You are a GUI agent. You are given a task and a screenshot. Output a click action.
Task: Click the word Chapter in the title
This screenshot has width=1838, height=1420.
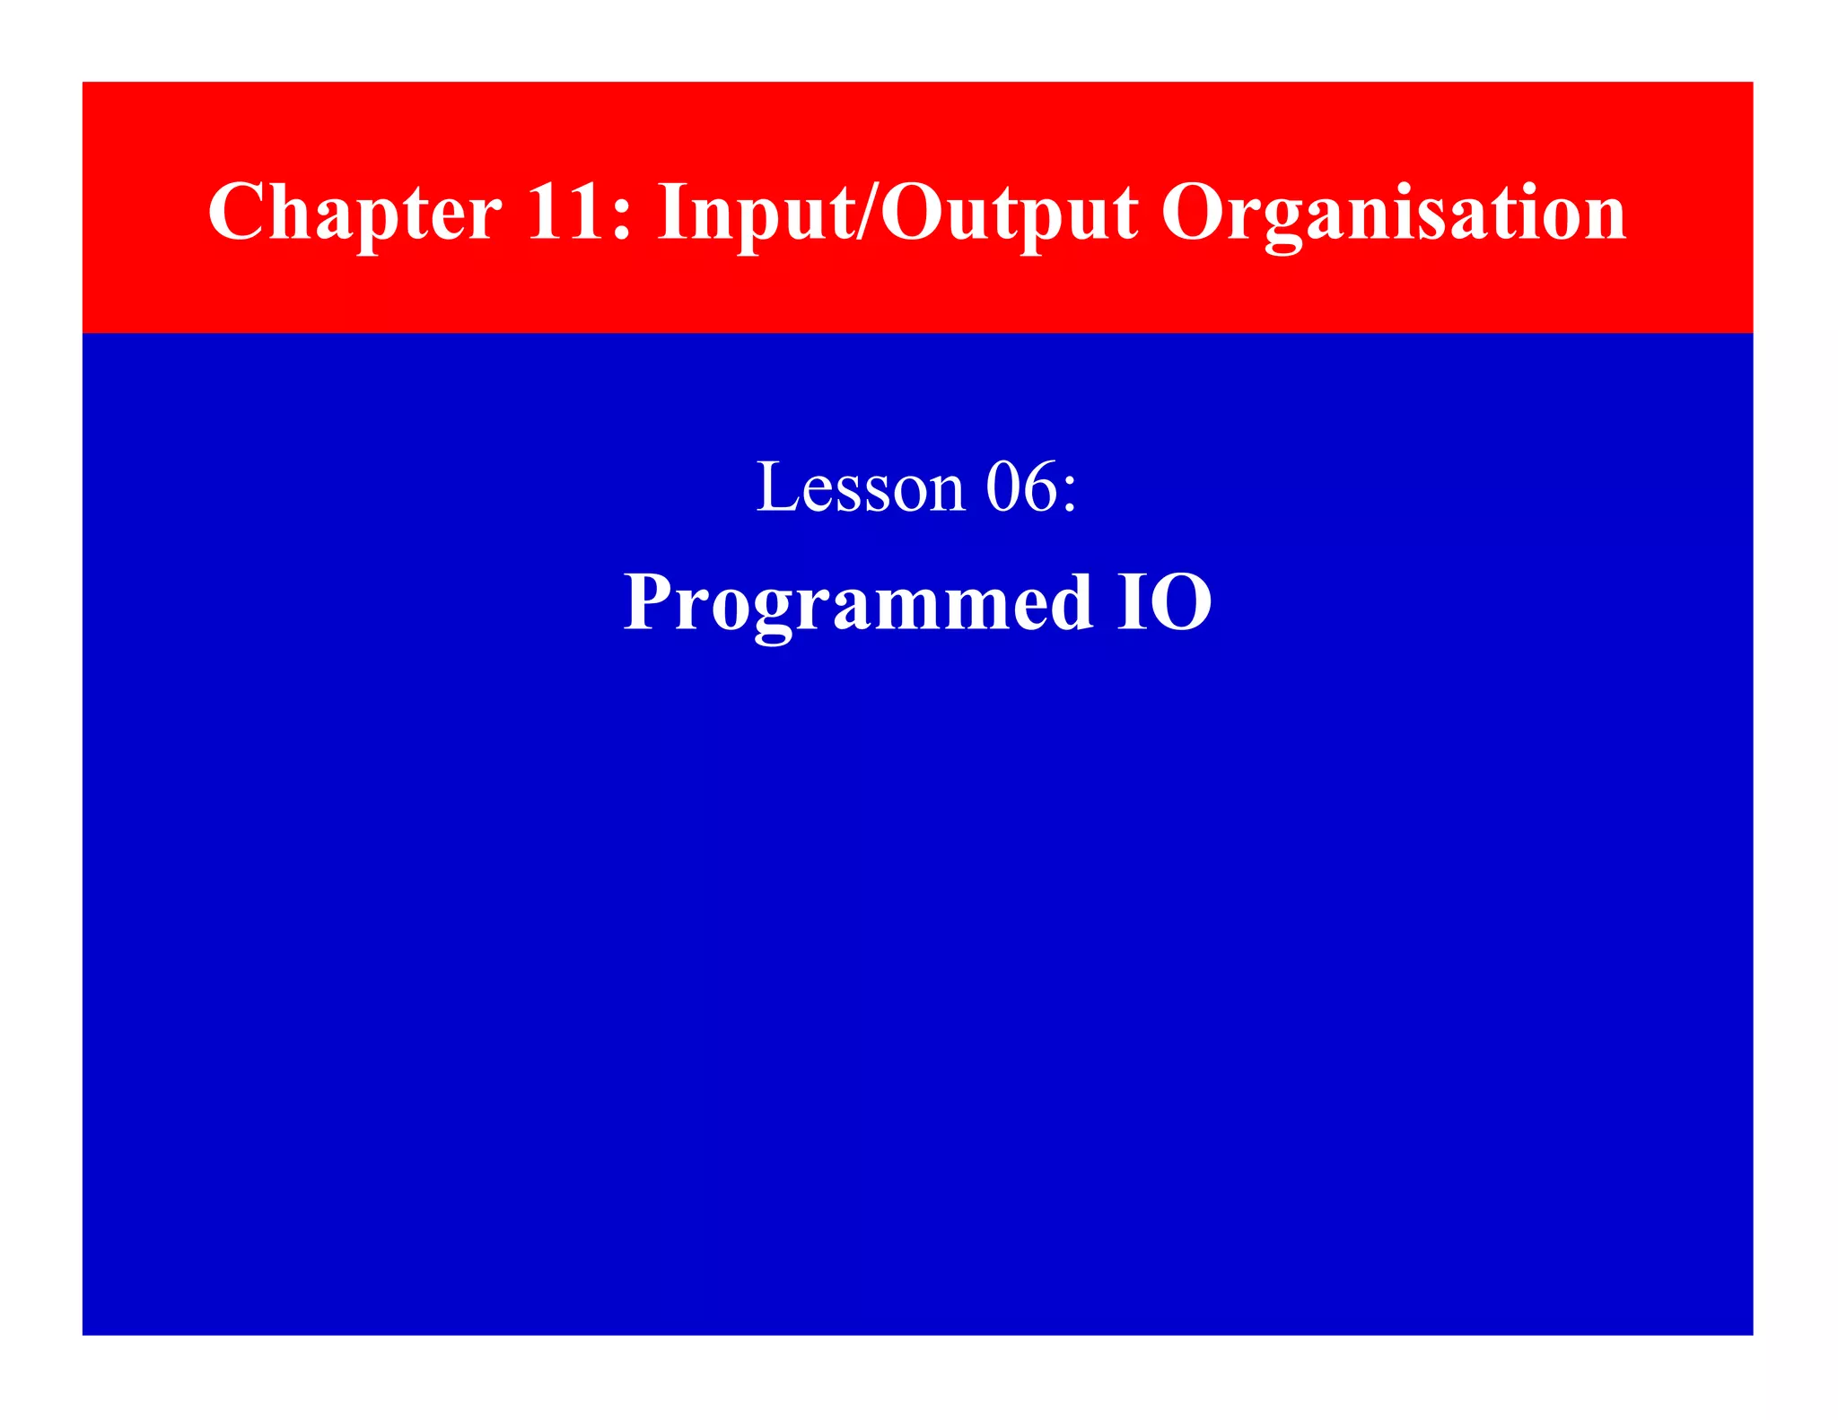click(354, 213)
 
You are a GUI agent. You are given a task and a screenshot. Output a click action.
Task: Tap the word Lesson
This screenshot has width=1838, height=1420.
click(861, 487)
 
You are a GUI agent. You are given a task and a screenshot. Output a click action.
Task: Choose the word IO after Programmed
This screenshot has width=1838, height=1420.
click(1165, 601)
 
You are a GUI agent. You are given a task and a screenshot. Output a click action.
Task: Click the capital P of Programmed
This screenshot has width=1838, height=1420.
click(649, 600)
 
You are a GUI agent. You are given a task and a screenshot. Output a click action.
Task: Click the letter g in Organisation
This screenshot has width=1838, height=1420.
click(1282, 224)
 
